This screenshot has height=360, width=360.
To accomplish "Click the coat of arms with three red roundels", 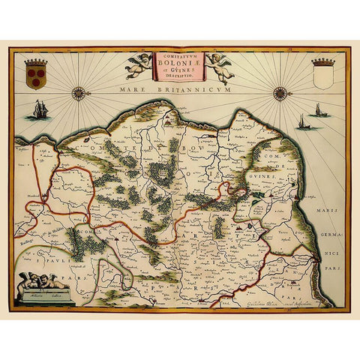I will (35, 73).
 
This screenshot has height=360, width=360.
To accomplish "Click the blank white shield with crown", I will (322, 74).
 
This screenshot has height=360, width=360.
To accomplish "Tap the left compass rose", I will (79, 94).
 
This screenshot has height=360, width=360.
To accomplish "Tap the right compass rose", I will (280, 93).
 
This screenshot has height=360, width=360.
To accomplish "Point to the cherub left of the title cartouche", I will (139, 66).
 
